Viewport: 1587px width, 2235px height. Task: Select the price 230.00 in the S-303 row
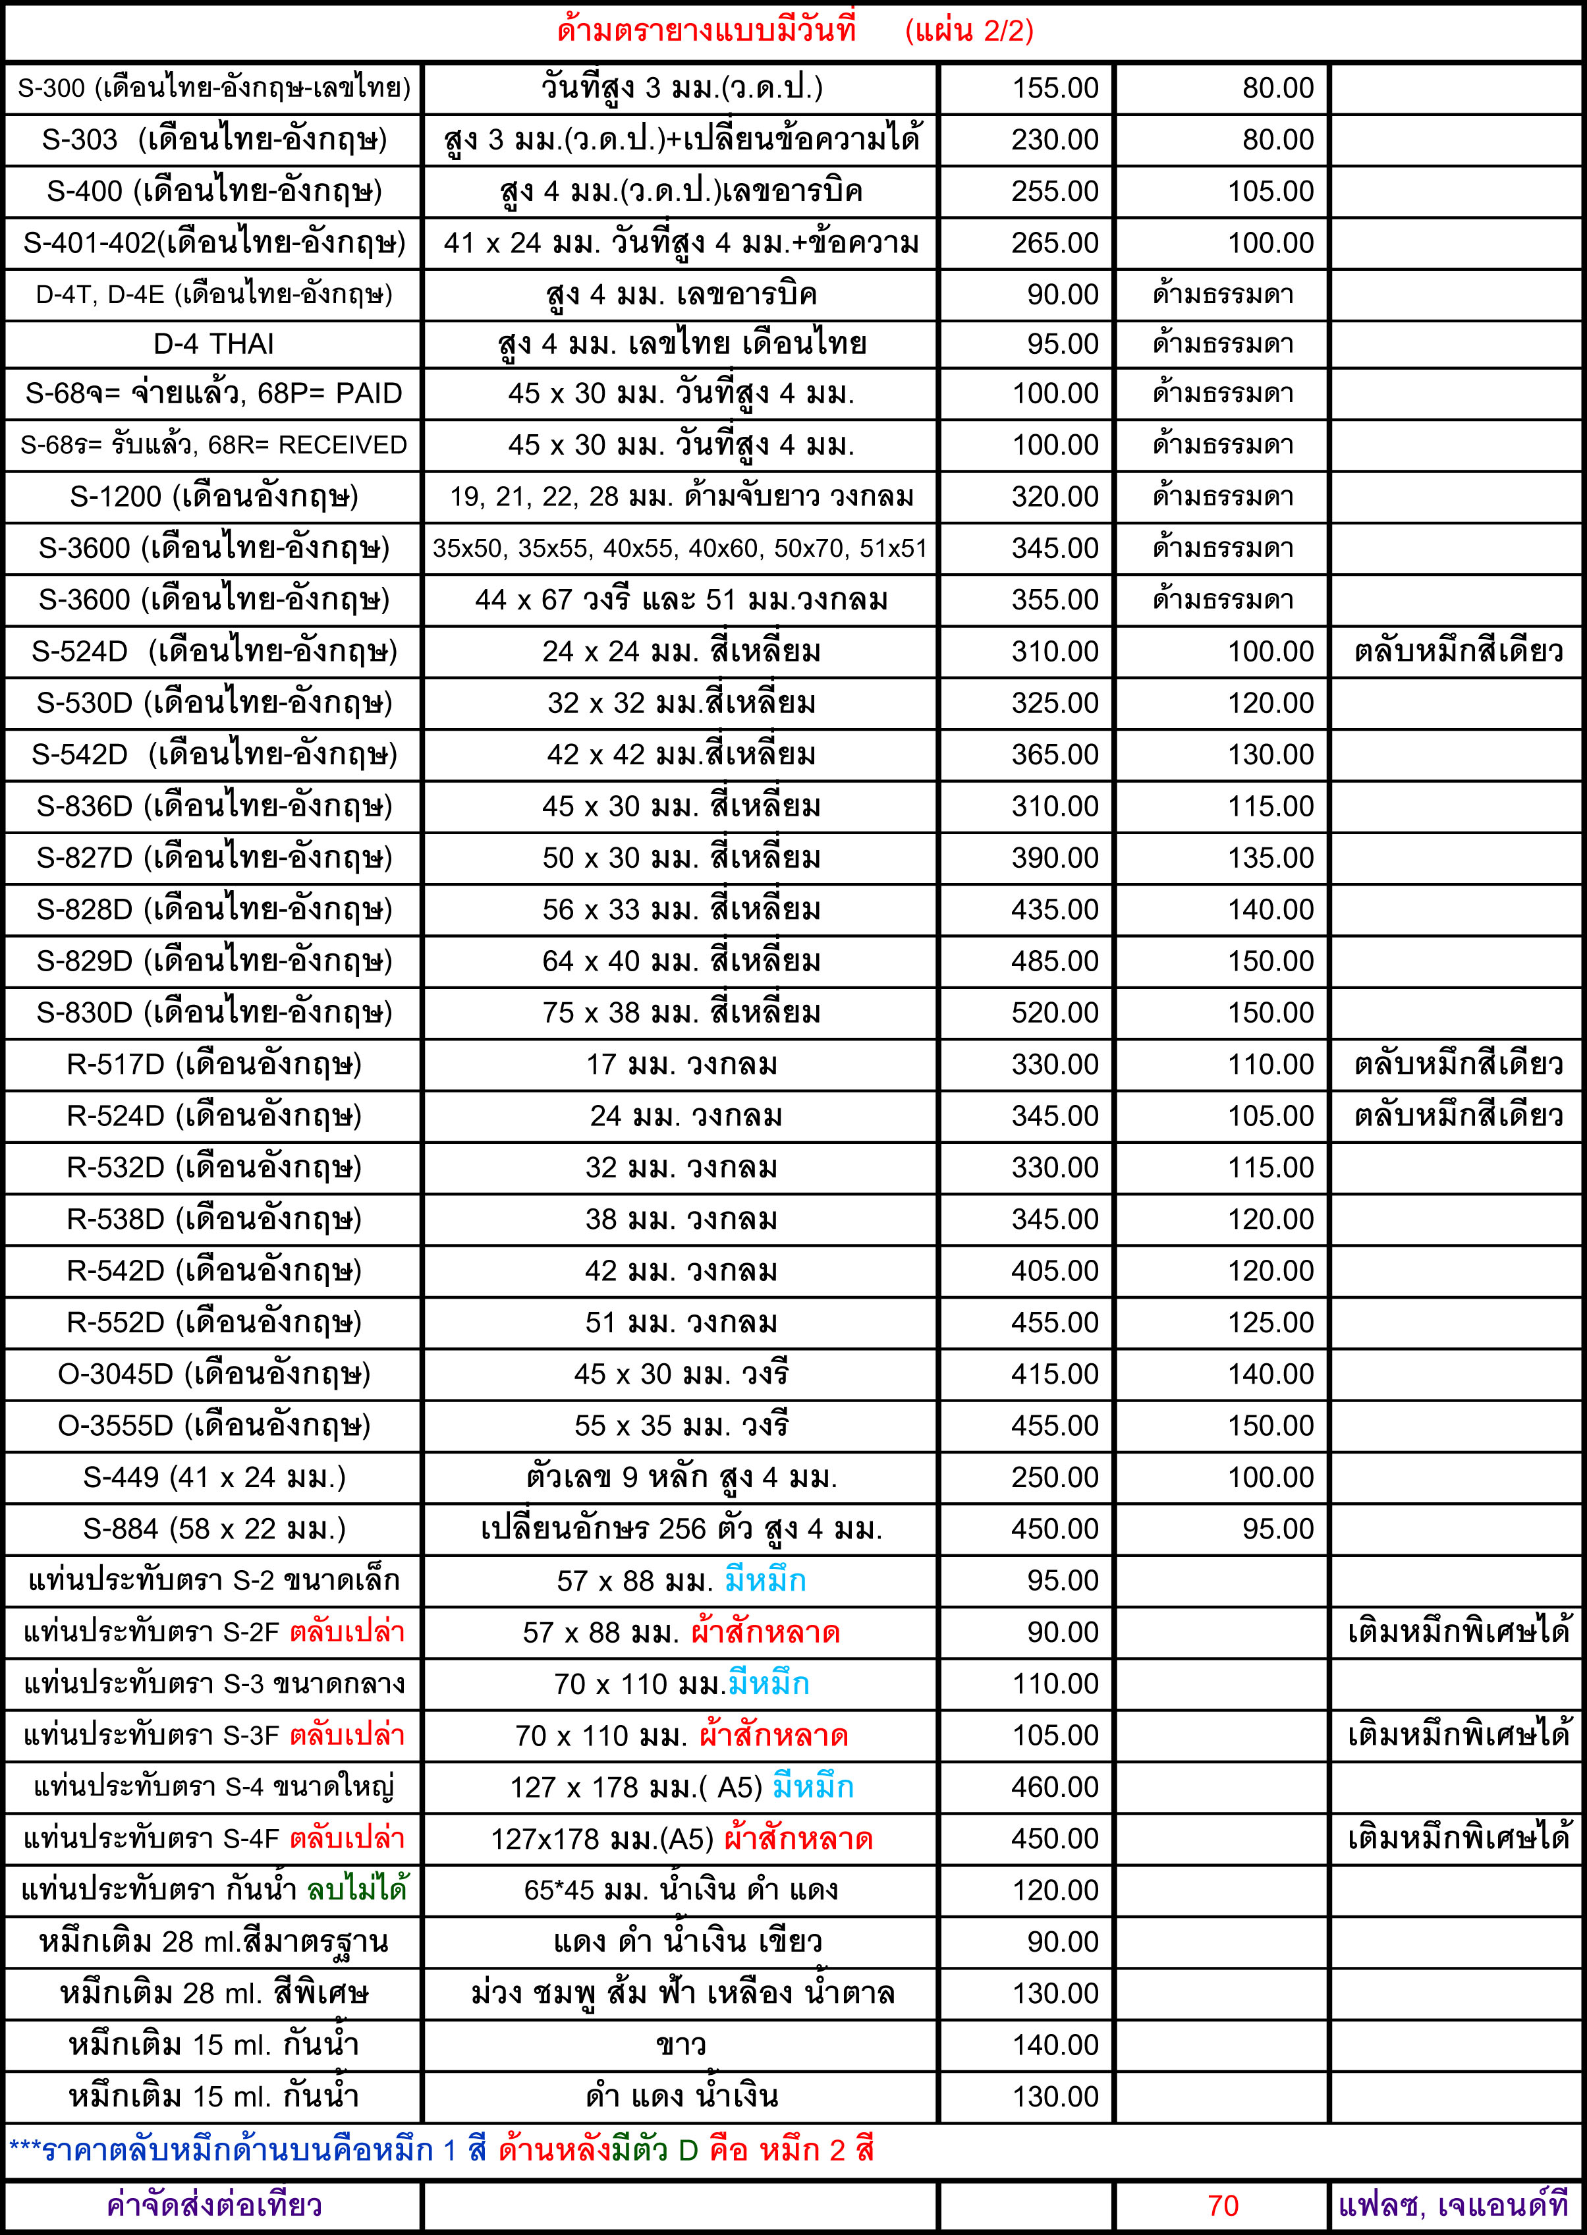click(x=1055, y=140)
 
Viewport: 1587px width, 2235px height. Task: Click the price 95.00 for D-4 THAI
click(x=1062, y=344)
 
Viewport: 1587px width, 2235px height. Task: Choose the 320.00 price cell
click(x=1055, y=496)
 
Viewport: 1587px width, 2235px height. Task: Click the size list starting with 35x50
click(x=679, y=548)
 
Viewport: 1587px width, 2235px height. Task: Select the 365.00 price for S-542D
click(x=1055, y=754)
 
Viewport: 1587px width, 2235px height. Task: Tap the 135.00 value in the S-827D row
click(x=1270, y=858)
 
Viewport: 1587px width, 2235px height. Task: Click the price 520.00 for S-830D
click(x=1055, y=1013)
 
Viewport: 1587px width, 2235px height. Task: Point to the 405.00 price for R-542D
click(x=1055, y=1270)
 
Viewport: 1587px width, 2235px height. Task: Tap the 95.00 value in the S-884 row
click(x=1277, y=1529)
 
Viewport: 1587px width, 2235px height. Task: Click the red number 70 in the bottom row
click(x=1223, y=2206)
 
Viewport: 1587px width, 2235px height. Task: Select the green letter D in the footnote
click(x=688, y=2150)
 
